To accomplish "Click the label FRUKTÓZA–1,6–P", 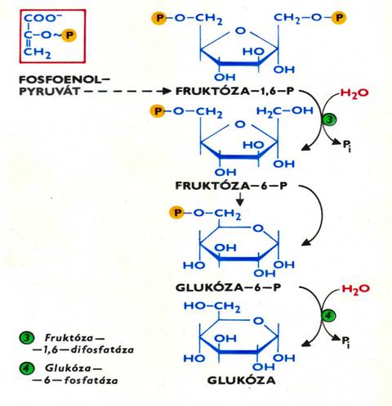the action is point(234,91).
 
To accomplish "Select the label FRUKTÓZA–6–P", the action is point(231,186).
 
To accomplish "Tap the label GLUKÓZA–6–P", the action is point(229,287).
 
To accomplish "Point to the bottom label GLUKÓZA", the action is point(241,381).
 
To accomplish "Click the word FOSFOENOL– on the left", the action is point(65,79).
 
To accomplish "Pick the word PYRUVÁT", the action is point(49,92).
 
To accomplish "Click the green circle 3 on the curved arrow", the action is point(329,120).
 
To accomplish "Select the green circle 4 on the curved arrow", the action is point(328,316).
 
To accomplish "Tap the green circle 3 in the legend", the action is point(27,338).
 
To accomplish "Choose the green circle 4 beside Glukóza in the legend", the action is point(27,368).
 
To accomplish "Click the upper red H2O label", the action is point(354,93).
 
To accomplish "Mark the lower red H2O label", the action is point(355,289).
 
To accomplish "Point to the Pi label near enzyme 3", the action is point(346,145).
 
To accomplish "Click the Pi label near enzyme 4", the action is point(345,341).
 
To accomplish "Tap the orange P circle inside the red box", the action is point(69,35).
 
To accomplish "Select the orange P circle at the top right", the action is point(339,18).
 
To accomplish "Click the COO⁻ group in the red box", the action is point(42,18).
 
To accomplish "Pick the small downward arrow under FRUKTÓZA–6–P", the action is point(239,200).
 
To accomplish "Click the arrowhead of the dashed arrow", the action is point(166,91).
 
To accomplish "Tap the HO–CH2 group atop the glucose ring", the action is point(212,306).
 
